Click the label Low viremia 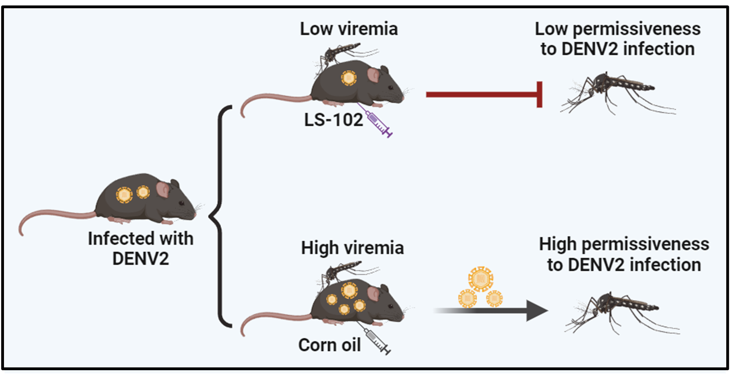(349, 29)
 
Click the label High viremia (352, 248)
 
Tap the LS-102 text (333, 120)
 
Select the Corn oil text (329, 345)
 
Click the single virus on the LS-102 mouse (349, 78)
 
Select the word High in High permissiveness (557, 244)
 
